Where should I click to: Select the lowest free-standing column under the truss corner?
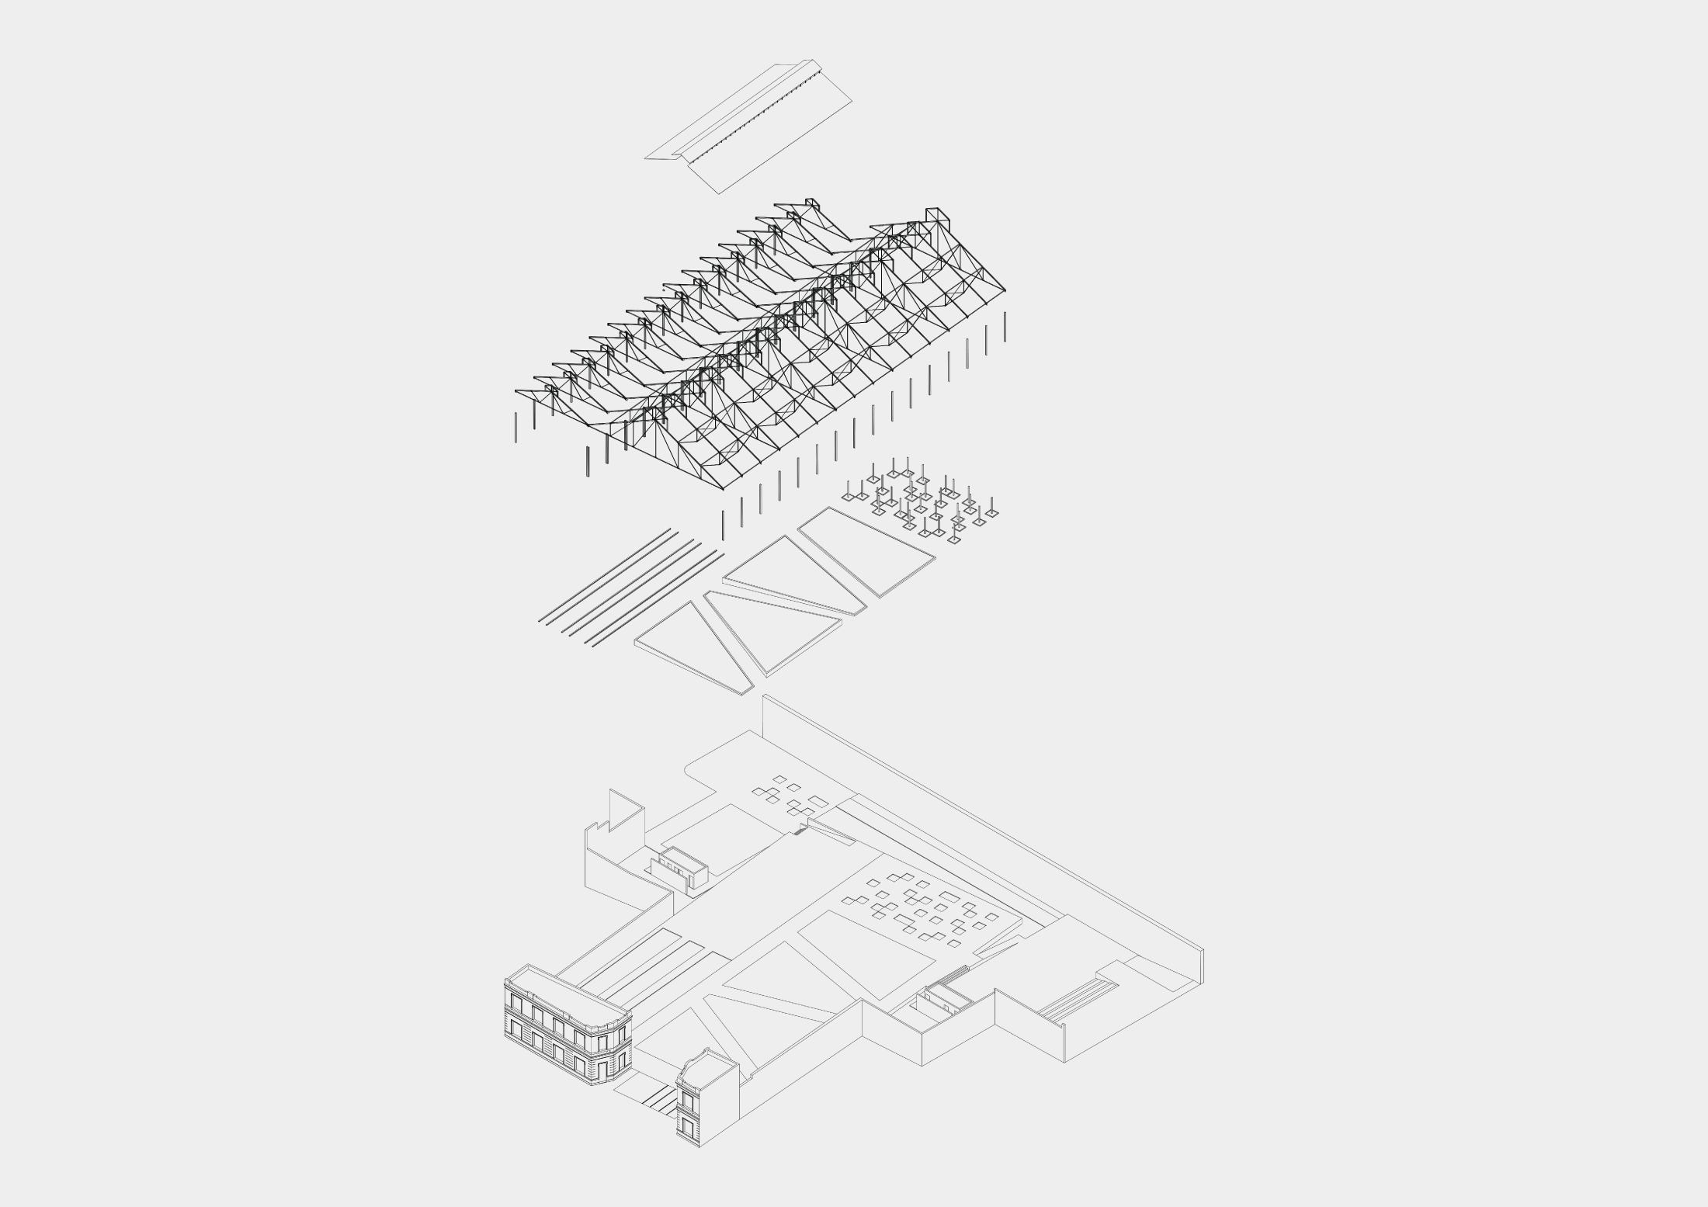click(723, 525)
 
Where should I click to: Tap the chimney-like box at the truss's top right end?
click(934, 217)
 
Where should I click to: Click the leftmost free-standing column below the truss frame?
click(516, 427)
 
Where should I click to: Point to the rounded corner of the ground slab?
click(689, 769)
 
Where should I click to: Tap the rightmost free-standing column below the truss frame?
click(1005, 326)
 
